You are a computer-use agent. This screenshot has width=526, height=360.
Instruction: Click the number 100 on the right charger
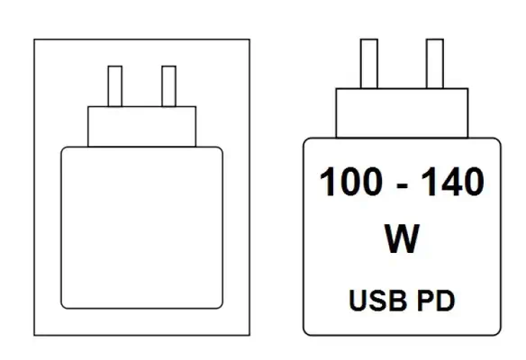click(351, 181)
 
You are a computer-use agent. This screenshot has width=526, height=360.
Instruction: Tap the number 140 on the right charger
click(452, 181)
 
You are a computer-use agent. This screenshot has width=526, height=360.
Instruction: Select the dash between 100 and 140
click(402, 185)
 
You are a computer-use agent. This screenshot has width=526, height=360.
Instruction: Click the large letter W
click(402, 238)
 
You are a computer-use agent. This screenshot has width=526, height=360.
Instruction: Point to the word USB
click(377, 301)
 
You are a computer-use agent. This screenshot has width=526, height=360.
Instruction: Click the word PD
click(436, 301)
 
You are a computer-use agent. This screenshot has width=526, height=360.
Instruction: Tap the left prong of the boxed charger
click(115, 86)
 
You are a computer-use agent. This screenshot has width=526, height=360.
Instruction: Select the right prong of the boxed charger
click(168, 86)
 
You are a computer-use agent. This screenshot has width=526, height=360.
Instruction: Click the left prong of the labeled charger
click(369, 64)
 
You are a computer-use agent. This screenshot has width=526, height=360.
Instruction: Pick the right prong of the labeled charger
click(435, 64)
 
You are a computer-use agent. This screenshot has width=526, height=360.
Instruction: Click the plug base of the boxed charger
click(142, 127)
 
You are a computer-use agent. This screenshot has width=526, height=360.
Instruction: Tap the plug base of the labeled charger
click(402, 113)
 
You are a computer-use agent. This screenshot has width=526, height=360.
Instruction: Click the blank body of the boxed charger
click(142, 228)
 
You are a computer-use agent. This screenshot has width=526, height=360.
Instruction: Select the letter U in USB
click(358, 301)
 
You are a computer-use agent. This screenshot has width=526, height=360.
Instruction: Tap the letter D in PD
click(446, 301)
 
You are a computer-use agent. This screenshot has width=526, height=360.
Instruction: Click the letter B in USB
click(398, 301)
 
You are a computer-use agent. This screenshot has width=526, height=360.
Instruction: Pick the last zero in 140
click(473, 181)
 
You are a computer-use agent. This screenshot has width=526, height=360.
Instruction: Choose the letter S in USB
click(378, 301)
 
